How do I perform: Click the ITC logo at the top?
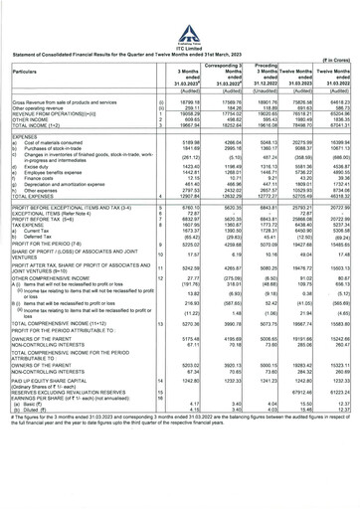179,14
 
